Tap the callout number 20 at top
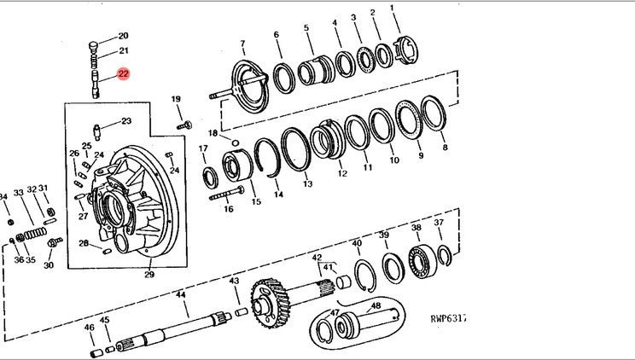pos(123,36)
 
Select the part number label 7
pos(242,44)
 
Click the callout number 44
pos(181,294)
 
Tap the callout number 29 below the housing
pos(149,274)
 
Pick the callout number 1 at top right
pos(394,9)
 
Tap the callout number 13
pos(307,184)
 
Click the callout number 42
pos(317,257)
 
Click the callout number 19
pos(177,101)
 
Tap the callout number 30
pos(48,265)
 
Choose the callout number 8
pos(445,147)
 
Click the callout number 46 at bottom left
pos(89,328)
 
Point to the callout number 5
pos(307,28)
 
